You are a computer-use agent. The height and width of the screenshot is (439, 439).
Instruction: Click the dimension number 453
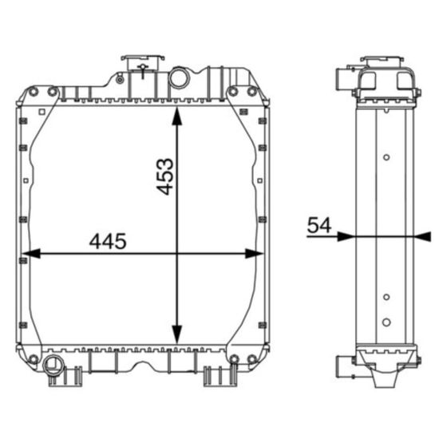coord(165,176)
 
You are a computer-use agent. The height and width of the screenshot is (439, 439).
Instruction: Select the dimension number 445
coord(108,241)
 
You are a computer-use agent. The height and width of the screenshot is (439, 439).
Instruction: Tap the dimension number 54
coord(319,225)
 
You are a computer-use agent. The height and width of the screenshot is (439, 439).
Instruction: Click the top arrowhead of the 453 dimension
coord(176,117)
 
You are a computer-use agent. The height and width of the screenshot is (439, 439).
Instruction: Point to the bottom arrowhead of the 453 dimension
coord(176,334)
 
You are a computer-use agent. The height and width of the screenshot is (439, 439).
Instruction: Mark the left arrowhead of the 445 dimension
coord(31,253)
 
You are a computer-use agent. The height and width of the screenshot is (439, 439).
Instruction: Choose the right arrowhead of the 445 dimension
coord(254,253)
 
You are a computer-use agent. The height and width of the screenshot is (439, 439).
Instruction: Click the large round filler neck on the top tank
coord(179,77)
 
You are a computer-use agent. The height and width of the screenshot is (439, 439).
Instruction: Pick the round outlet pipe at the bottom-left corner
coord(53,365)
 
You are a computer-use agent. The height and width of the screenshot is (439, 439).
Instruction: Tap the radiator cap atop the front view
coord(143,63)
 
